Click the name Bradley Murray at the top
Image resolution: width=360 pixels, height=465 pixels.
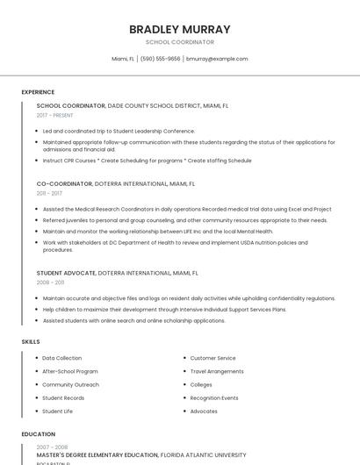click(180, 29)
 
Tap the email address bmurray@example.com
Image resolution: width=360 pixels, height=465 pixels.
click(217, 59)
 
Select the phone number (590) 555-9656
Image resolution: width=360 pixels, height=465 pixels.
click(160, 59)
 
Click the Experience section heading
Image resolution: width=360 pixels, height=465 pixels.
click(38, 91)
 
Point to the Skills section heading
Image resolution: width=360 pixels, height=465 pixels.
click(31, 341)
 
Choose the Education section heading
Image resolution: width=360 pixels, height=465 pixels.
click(39, 434)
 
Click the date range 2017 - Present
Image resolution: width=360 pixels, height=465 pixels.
click(54, 115)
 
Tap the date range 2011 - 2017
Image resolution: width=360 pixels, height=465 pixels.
click(49, 193)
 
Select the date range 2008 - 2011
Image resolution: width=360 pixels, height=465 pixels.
click(50, 283)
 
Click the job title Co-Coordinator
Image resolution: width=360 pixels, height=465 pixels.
click(64, 184)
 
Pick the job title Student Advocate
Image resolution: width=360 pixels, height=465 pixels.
click(66, 273)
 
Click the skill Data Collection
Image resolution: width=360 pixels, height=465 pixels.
click(61, 358)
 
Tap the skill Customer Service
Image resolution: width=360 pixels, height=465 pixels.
click(212, 358)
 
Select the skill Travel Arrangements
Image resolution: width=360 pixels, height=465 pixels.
click(217, 371)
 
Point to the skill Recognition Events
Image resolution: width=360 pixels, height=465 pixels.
click(214, 397)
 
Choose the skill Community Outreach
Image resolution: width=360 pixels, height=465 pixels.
click(70, 384)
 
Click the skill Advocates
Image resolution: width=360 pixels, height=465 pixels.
click(204, 411)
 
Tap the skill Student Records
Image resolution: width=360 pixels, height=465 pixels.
click(63, 397)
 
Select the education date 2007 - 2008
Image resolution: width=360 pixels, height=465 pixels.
click(52, 447)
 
